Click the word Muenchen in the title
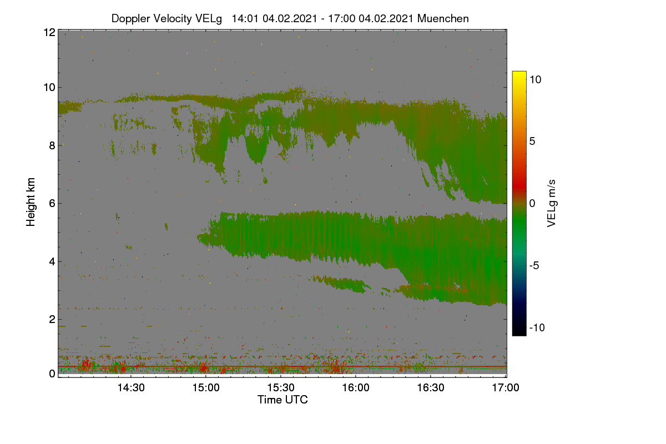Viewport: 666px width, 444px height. tap(443, 19)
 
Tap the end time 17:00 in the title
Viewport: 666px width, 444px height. tap(342, 19)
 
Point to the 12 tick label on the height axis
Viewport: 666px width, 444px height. tap(49, 32)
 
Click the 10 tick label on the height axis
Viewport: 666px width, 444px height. tap(49, 88)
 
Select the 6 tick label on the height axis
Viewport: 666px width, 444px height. tap(52, 204)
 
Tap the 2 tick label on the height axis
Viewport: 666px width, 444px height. tap(52, 319)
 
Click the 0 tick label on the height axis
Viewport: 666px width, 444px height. tap(52, 374)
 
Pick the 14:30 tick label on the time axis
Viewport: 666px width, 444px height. tap(131, 388)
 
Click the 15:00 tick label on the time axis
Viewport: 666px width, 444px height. tap(206, 388)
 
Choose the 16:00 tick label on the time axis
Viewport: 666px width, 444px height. tap(356, 388)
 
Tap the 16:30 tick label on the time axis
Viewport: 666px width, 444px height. tap(431, 388)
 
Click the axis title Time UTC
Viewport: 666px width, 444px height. tap(282, 400)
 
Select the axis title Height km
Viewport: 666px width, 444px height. tap(31, 202)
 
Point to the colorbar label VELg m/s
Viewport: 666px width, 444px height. tap(552, 204)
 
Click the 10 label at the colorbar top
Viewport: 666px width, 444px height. tap(536, 80)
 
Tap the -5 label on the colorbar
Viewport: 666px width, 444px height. tap(534, 265)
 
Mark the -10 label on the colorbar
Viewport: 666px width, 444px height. tap(537, 327)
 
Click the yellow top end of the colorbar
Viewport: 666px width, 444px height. tap(519, 72)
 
